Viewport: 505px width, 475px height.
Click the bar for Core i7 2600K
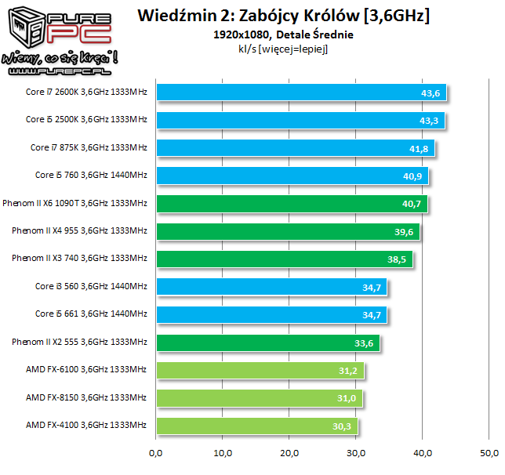pyautogui.click(x=301, y=92)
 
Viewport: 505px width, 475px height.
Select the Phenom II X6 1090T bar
pyautogui.click(x=292, y=204)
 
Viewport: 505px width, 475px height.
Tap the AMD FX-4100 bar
pyautogui.click(x=257, y=426)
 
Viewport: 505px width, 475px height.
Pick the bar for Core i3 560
pyautogui.click(x=271, y=287)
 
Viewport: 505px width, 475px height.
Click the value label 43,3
pyautogui.click(x=431, y=121)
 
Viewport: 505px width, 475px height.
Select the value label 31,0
pyautogui.click(x=348, y=398)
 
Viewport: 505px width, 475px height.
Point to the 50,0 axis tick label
pyautogui.click(x=490, y=453)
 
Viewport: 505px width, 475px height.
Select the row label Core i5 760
pyautogui.click(x=91, y=176)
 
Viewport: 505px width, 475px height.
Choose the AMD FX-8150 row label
pyautogui.click(x=86, y=397)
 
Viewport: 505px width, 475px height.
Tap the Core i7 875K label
pyautogui.click(x=89, y=147)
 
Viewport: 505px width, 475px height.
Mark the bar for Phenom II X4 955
pyautogui.click(x=288, y=231)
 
